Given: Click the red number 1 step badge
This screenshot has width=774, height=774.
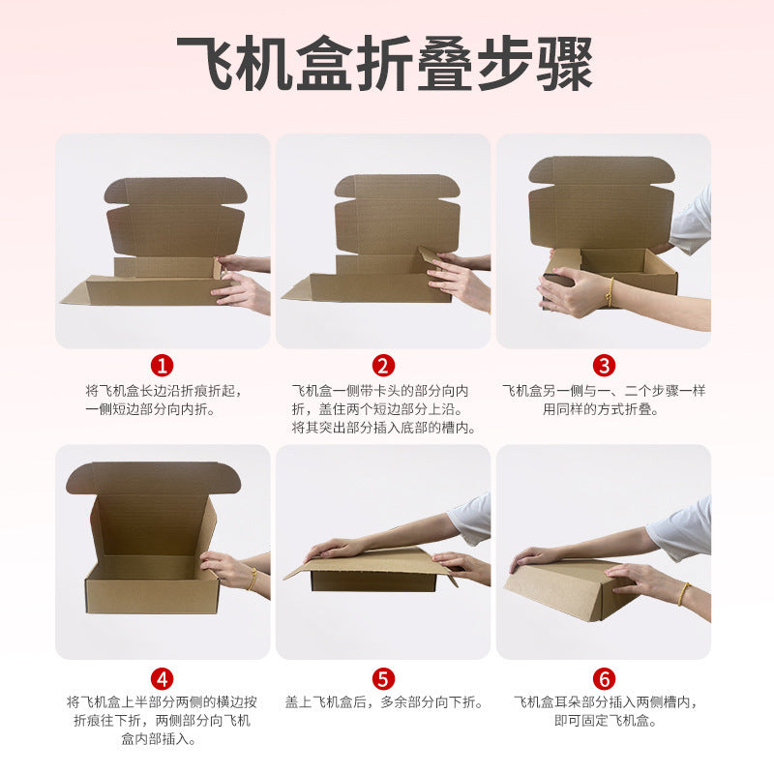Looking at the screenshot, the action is [x=162, y=366].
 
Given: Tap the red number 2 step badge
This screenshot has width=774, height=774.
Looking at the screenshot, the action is [x=383, y=366].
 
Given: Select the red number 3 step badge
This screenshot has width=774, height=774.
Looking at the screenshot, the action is [x=604, y=366].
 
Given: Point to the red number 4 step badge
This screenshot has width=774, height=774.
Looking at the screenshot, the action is [x=162, y=679].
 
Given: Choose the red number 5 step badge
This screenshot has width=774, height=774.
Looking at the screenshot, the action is [x=383, y=679].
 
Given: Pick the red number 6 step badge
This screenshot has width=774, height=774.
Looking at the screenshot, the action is [x=604, y=679].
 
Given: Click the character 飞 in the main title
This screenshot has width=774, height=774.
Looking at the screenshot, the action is [x=205, y=63].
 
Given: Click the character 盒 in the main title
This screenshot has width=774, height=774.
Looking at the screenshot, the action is [x=325, y=63].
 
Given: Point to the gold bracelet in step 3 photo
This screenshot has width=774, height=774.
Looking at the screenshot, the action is [x=611, y=292].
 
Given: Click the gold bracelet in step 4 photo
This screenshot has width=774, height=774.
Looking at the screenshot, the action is [x=253, y=579].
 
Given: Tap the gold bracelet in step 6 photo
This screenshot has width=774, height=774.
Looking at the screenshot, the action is [x=683, y=594].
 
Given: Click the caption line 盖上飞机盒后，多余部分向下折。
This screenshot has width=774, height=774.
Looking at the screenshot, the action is [x=384, y=702].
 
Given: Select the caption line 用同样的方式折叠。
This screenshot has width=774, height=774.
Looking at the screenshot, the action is [x=601, y=408].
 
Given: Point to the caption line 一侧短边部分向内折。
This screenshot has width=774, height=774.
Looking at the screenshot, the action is [x=151, y=408].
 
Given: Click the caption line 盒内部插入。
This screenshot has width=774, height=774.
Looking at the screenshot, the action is [x=159, y=738].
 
